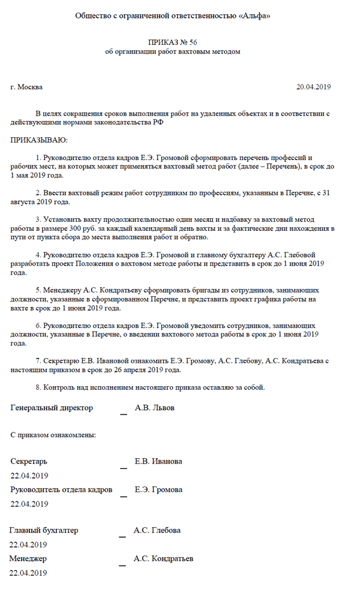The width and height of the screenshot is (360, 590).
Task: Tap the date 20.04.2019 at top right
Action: pos(313,87)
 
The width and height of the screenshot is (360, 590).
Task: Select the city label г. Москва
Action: pos(26,87)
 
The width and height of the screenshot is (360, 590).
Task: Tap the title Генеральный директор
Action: pos(52,408)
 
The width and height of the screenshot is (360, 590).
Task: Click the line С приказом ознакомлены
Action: pos(53,434)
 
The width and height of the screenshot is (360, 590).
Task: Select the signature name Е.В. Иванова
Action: pos(158,461)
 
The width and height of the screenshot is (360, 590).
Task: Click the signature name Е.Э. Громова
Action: pos(158,489)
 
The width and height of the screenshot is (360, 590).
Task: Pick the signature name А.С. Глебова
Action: pos(157,530)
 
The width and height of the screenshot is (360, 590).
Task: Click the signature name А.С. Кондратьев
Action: pos(163,558)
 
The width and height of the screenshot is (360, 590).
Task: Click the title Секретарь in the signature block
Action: pos(29,461)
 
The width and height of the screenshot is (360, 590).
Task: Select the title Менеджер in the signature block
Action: pos(28,558)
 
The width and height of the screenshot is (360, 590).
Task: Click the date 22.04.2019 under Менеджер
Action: pos(28,573)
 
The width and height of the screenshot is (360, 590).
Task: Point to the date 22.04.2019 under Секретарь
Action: pos(29,475)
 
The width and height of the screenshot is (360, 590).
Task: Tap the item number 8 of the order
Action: pos(38,387)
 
